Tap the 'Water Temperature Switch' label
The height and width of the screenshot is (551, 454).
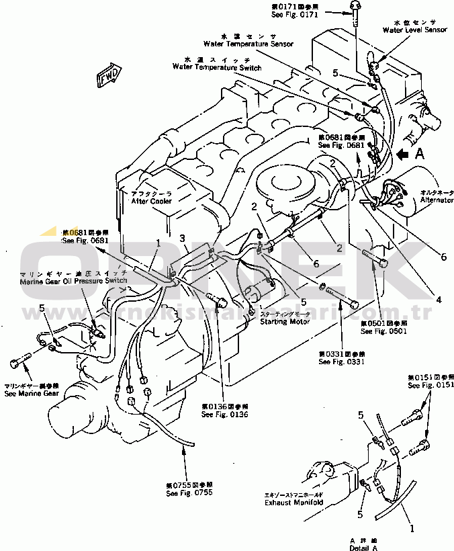click(x=216, y=67)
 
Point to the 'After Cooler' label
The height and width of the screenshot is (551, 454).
click(x=151, y=201)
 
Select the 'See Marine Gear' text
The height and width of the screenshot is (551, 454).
click(x=31, y=394)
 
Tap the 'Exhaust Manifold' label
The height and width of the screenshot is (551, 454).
click(x=294, y=502)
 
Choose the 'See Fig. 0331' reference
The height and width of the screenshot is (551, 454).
click(x=342, y=362)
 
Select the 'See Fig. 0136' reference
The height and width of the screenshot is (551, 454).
click(x=225, y=415)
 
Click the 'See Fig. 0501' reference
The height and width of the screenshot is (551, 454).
click(x=383, y=331)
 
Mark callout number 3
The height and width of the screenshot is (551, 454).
click(x=182, y=238)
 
